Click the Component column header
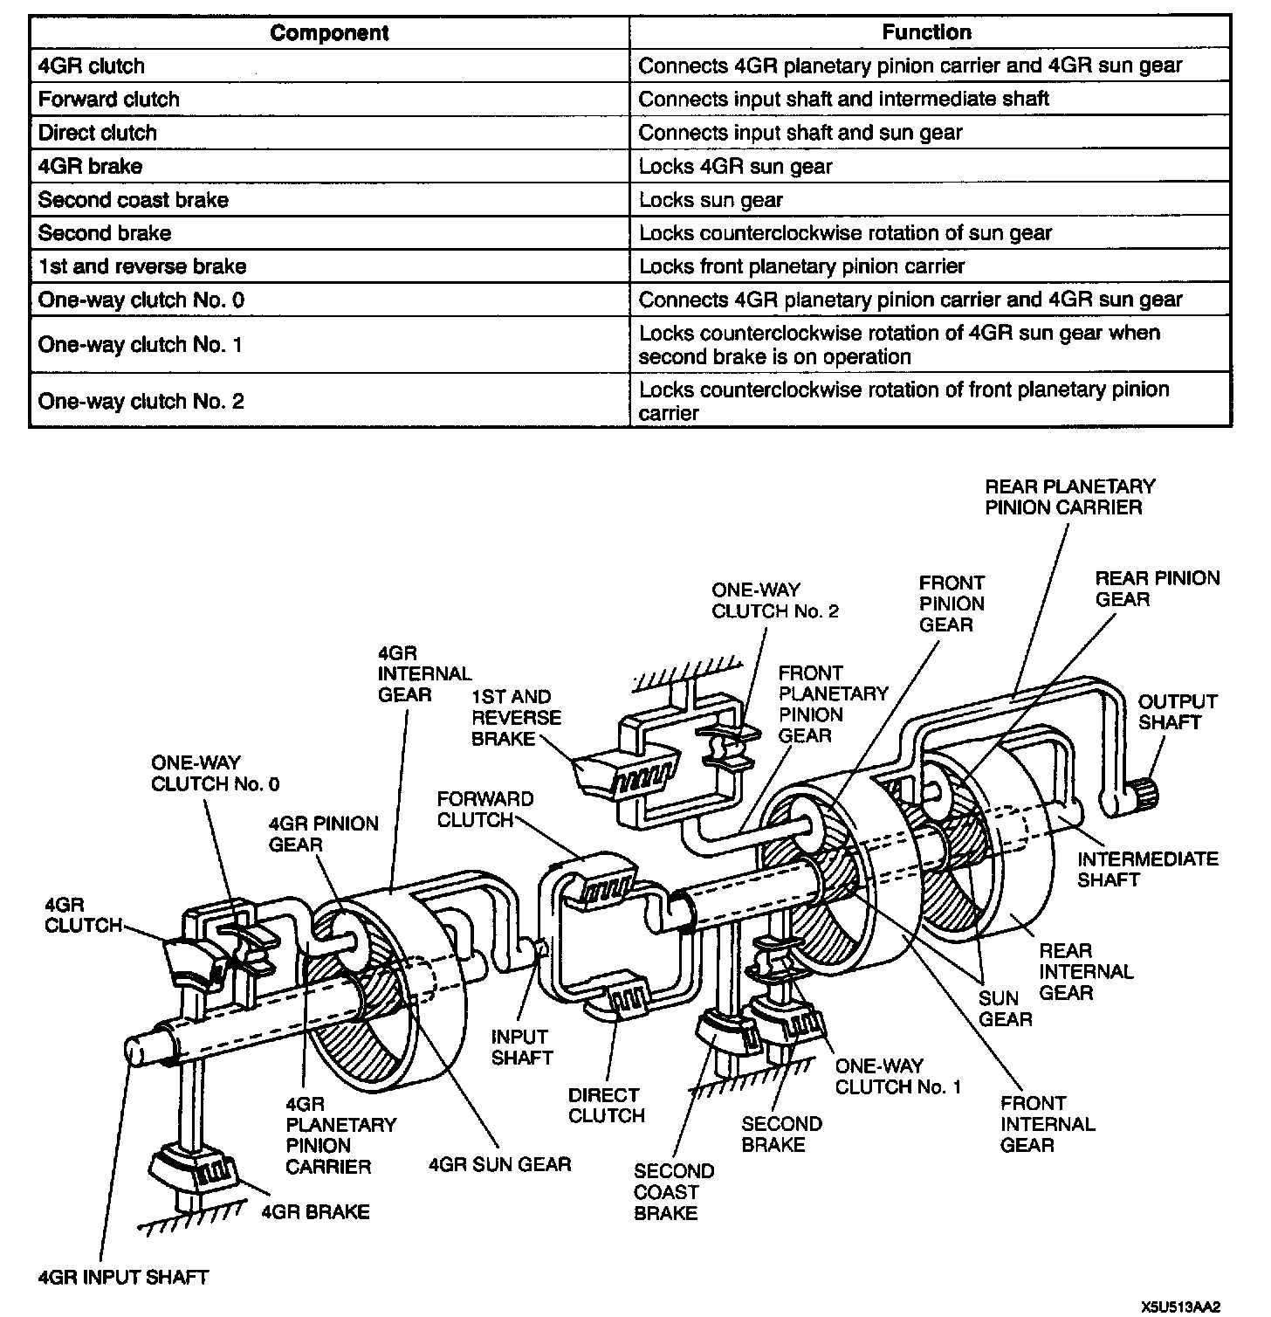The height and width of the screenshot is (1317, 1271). (328, 33)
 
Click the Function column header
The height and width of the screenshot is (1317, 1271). (926, 33)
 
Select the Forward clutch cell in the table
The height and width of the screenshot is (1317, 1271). (109, 100)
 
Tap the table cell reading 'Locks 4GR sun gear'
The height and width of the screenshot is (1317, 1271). (735, 167)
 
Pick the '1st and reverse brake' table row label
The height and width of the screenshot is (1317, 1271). (142, 266)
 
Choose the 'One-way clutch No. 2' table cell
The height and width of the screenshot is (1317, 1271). (141, 401)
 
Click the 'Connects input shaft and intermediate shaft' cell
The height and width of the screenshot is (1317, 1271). (843, 100)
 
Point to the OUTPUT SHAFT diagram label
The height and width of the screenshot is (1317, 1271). (1177, 712)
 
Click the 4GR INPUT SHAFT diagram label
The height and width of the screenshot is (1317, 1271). (123, 1278)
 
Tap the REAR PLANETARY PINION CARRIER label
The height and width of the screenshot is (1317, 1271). (1069, 497)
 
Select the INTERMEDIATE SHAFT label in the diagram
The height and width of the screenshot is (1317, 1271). (1147, 869)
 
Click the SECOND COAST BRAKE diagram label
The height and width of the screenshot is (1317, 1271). (673, 1191)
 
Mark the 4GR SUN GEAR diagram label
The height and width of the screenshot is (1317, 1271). (499, 1164)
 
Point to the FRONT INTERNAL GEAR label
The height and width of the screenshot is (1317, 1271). (1047, 1124)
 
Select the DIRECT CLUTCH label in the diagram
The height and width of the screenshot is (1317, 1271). (606, 1105)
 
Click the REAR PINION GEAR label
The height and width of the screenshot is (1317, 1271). (1157, 589)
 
